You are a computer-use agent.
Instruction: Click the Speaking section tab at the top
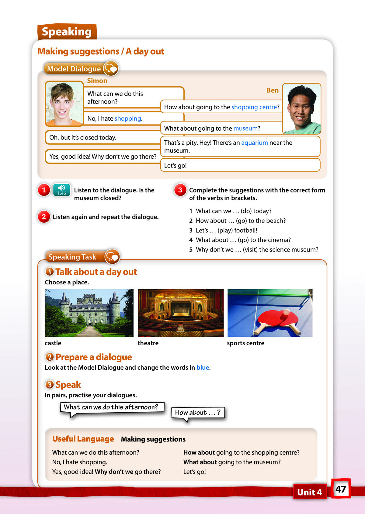coord(67,32)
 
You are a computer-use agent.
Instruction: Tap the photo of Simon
coord(64,104)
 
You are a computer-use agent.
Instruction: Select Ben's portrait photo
coord(301,109)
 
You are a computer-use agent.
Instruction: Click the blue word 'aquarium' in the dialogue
coord(254,143)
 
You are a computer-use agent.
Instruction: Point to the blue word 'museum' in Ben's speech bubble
coord(245,128)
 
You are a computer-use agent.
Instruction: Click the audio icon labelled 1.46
coord(62,190)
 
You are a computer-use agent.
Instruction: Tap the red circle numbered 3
coord(180,190)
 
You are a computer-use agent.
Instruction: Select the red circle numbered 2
coord(44,217)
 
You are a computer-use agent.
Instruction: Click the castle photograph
coord(89,313)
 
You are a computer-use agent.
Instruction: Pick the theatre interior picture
coord(181,313)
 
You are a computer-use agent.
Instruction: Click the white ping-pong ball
coord(286,312)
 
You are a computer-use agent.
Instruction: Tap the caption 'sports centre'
coord(245,343)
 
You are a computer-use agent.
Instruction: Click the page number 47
coord(341,489)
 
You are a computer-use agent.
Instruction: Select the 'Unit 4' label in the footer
coord(309,492)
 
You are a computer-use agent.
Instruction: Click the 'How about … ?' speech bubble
coord(198,413)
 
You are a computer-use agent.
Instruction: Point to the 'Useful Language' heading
coord(83,439)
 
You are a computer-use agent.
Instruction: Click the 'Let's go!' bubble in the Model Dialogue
coord(240,165)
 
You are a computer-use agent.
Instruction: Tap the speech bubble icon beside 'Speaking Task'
coord(112,257)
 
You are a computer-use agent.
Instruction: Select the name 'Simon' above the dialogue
coord(97,81)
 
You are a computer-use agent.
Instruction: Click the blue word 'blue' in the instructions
coord(203,368)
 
